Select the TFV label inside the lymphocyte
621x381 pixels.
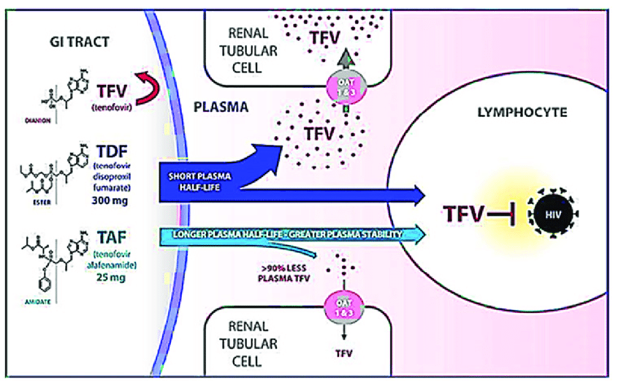[466, 214]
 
